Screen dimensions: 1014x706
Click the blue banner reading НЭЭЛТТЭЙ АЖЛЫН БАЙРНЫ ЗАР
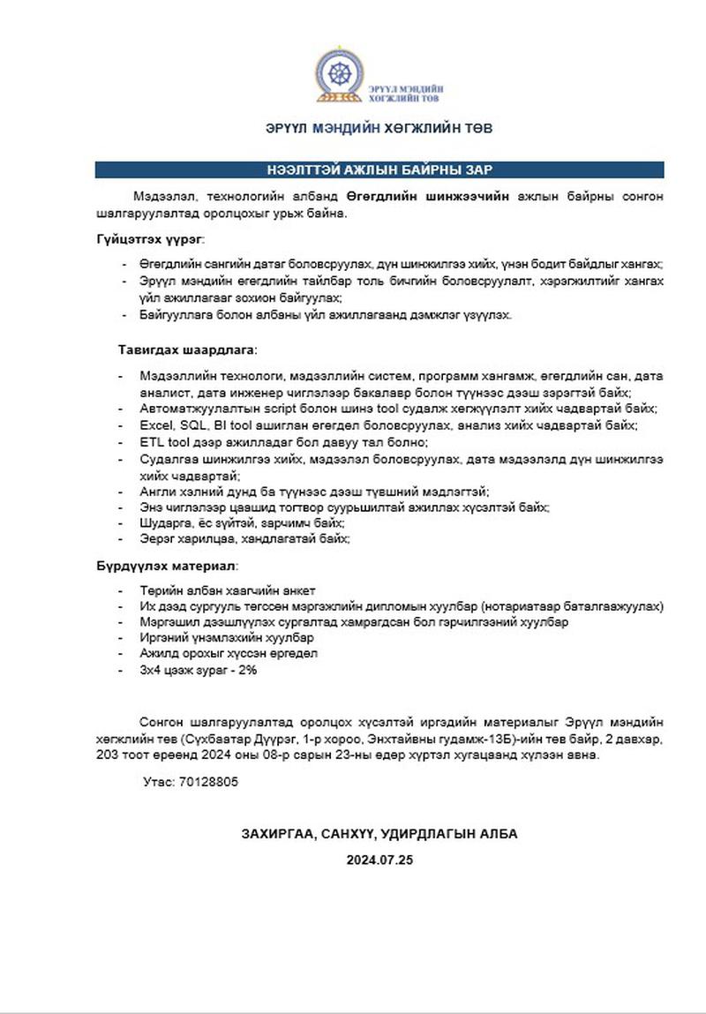click(x=379, y=169)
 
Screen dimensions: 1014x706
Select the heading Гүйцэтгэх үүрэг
click(x=151, y=239)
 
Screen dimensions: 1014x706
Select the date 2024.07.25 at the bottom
click(x=379, y=860)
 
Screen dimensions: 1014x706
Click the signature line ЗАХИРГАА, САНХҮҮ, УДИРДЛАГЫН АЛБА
click(x=379, y=834)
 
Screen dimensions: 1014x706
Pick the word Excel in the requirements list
click(x=155, y=425)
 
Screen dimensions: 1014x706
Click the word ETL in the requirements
click(x=152, y=442)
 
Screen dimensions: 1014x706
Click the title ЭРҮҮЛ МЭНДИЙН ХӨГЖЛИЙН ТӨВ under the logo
click(x=379, y=128)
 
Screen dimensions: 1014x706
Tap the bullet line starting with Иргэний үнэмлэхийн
click(x=227, y=636)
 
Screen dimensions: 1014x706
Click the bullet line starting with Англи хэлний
click(x=314, y=491)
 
